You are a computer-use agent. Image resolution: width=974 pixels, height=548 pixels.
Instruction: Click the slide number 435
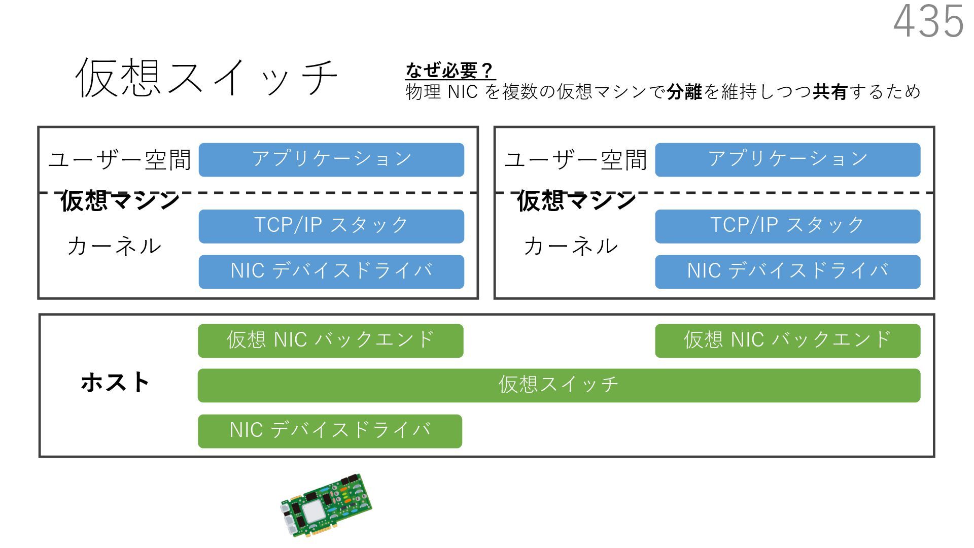(928, 22)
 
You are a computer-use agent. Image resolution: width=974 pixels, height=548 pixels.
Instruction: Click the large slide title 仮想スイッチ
(206, 78)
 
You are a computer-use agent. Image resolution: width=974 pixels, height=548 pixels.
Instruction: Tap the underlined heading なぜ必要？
(450, 71)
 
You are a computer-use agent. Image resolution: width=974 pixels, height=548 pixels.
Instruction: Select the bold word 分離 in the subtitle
(684, 92)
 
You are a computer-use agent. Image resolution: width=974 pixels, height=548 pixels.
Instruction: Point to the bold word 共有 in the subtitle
(830, 92)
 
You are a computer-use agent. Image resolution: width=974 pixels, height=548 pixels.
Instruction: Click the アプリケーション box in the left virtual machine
(331, 160)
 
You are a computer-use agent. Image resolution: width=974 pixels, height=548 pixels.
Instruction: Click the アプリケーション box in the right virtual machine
(787, 160)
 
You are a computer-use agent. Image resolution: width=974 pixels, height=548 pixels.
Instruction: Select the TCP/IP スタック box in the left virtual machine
(331, 226)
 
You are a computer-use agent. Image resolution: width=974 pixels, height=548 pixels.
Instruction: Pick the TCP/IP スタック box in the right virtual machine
(787, 226)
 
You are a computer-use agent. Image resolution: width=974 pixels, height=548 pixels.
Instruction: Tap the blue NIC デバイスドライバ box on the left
(331, 272)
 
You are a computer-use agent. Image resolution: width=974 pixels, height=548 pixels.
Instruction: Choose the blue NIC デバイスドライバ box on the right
(787, 272)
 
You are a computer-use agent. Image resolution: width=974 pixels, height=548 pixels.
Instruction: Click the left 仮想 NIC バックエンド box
(330, 340)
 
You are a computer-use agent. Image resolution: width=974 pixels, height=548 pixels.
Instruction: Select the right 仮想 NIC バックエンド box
(787, 340)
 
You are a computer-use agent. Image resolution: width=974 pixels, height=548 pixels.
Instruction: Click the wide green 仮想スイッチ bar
(559, 386)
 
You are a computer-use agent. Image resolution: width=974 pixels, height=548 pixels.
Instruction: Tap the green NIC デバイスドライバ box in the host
(330, 431)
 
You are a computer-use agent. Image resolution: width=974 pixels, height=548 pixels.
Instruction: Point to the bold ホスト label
(115, 383)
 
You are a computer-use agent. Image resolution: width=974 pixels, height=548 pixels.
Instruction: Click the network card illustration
(326, 504)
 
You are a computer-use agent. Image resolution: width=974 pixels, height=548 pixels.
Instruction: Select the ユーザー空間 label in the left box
(120, 160)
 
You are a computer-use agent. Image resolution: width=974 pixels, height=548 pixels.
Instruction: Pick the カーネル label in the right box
(571, 247)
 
